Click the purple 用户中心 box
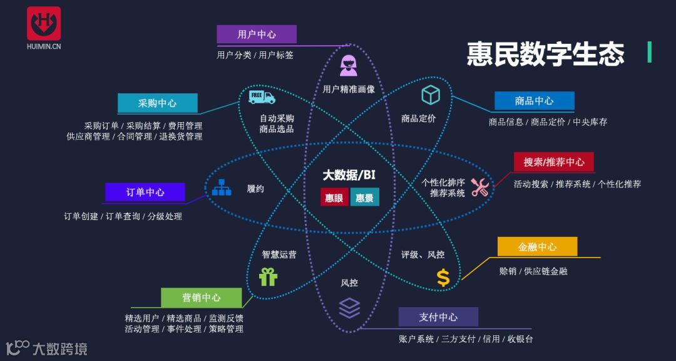257,34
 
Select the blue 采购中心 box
158,103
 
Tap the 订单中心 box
145,192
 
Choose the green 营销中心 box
201,297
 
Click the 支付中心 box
438,317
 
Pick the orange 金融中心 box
537,246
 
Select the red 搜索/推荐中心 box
554,162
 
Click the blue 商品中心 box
534,100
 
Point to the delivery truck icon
262,97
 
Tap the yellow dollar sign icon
443,278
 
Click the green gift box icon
268,276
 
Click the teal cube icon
431,95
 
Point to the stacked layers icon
349,308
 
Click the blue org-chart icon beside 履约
222,187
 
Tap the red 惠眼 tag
334,197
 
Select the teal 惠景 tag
364,197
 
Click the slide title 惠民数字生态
545,54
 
